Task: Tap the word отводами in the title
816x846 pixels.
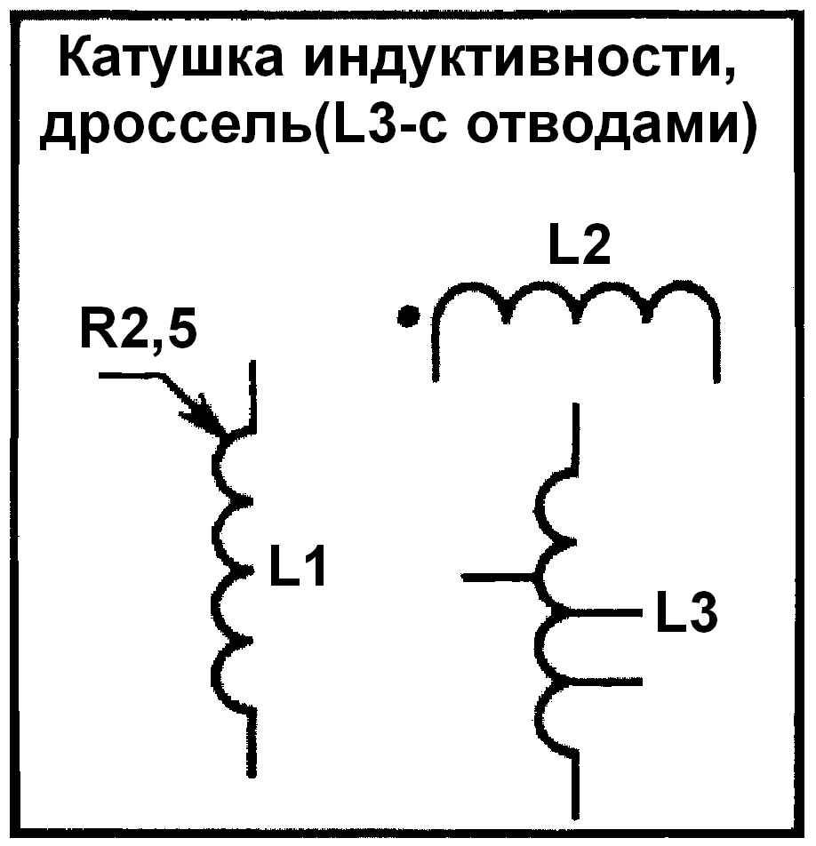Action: coord(604,131)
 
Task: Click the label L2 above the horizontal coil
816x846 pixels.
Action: coord(579,250)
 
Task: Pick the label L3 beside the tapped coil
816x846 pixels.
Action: coord(686,613)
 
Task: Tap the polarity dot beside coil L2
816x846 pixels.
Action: coord(408,315)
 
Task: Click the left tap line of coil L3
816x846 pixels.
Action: coord(498,578)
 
